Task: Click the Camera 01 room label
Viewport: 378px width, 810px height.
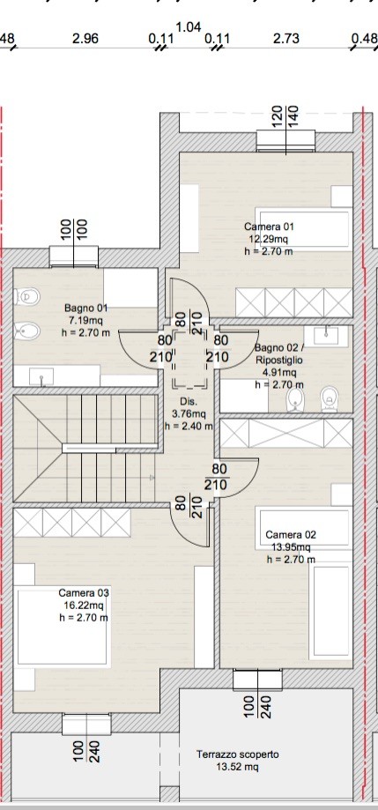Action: [269, 227]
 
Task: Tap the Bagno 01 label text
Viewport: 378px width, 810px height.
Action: [86, 308]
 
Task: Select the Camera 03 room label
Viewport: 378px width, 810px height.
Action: [84, 592]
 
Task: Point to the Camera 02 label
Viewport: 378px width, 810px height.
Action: [291, 535]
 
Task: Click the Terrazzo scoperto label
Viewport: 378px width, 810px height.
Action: [238, 754]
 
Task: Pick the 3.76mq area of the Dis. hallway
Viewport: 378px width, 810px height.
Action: [189, 413]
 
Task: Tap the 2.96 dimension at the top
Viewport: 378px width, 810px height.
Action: [85, 39]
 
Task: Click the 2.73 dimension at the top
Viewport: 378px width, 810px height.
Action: [286, 39]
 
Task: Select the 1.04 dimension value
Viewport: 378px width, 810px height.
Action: [189, 26]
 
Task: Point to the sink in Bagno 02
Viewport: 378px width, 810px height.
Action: [326, 335]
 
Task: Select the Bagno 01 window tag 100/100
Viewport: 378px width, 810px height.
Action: [74, 229]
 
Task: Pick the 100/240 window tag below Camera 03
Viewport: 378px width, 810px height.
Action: [86, 752]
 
